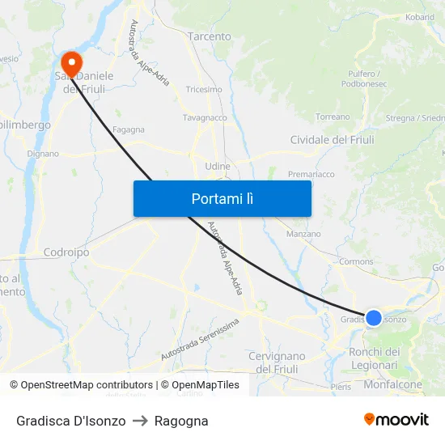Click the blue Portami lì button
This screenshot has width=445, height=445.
[222, 198]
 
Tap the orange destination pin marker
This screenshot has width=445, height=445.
[71, 63]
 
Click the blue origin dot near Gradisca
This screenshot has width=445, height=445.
[374, 318]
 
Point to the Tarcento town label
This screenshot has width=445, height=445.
[209, 36]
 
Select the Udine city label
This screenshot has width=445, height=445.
[218, 166]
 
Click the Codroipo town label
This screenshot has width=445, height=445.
[66, 252]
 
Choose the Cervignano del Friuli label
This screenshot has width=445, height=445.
[277, 362]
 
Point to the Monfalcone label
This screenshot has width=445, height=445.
[393, 385]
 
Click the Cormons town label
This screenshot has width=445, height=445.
[356, 261]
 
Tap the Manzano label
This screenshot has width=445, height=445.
[303, 234]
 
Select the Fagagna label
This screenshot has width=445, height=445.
[129, 129]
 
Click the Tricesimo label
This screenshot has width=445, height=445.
[204, 90]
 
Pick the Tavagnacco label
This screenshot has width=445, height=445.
[205, 117]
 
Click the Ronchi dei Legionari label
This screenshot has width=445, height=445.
[374, 358]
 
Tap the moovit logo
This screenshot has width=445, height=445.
[396, 419]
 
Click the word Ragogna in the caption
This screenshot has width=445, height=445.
[182, 421]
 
